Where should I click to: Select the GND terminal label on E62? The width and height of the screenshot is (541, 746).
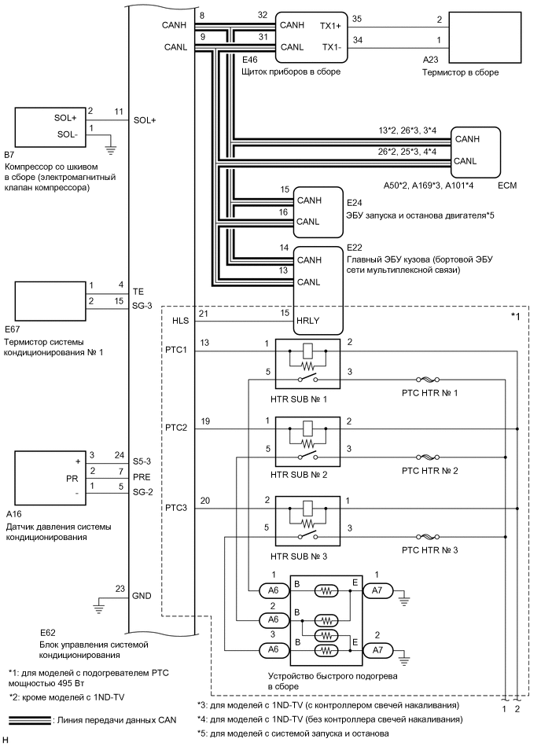point(142,596)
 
